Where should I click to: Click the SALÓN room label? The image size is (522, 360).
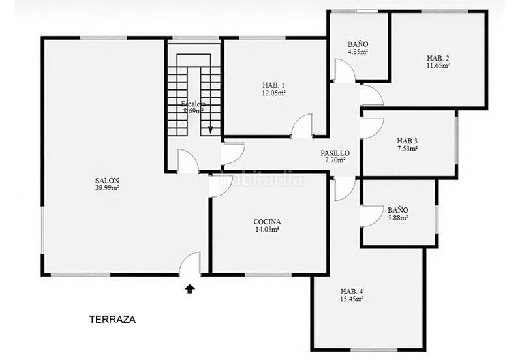(107, 181)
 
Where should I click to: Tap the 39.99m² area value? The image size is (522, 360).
(107, 188)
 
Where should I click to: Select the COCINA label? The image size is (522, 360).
(267, 222)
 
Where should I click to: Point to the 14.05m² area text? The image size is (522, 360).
(267, 230)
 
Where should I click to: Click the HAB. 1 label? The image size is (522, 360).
(273, 85)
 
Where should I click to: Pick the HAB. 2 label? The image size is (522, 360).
(438, 57)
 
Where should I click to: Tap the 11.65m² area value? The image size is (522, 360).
(438, 65)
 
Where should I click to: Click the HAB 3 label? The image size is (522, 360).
(407, 141)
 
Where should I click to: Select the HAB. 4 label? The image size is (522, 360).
(352, 292)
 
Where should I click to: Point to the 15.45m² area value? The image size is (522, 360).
(352, 299)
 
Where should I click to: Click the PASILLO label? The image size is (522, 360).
(335, 153)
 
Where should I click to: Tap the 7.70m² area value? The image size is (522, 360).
(335, 160)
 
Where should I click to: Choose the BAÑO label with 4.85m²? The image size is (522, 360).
(358, 44)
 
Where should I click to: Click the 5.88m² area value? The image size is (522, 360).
(397, 218)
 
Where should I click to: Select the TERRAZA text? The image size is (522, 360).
(112, 320)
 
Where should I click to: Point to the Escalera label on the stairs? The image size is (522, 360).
(193, 104)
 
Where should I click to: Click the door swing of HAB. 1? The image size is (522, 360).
(302, 127)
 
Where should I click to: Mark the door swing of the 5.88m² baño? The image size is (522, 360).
(371, 216)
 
